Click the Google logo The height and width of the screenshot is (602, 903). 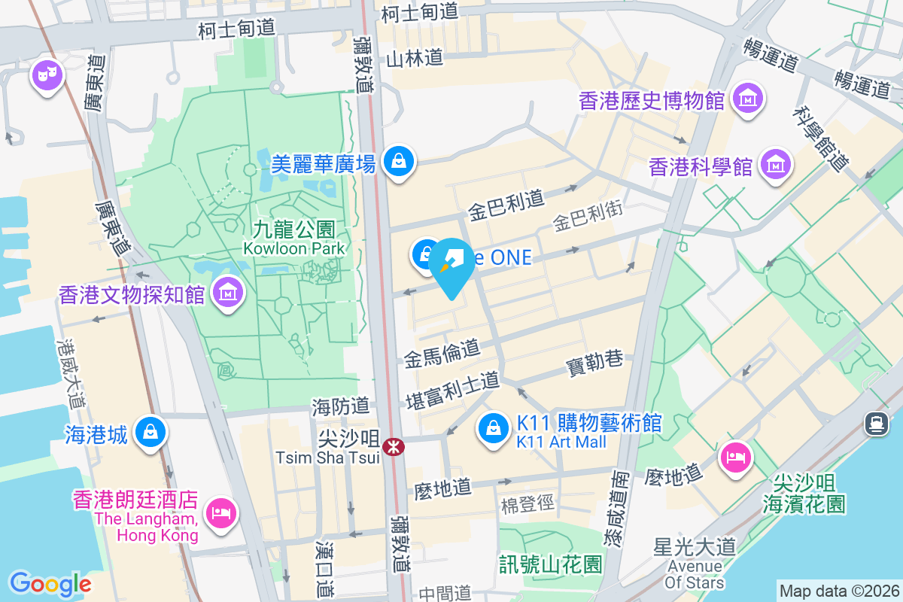[50, 584]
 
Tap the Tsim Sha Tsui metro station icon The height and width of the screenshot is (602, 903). [393, 447]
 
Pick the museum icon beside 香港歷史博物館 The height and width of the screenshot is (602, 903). [750, 98]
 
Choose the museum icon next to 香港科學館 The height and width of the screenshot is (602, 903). [775, 164]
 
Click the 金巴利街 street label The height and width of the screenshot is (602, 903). [588, 218]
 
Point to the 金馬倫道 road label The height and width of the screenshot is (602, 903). [442, 353]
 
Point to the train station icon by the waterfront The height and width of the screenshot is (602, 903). [877, 424]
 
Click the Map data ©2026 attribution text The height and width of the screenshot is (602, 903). [839, 591]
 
